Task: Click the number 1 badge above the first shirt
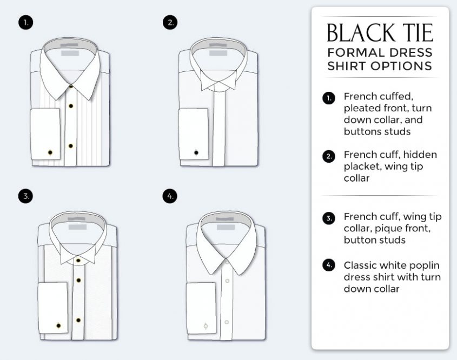(x=26, y=22)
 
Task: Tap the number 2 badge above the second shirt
(x=170, y=22)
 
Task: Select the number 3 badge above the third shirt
(x=25, y=196)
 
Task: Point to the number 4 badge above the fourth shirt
(x=170, y=196)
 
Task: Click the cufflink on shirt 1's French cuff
(x=50, y=152)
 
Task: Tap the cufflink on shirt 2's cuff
(x=196, y=152)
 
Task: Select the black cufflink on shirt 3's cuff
(x=58, y=325)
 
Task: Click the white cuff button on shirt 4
(x=206, y=326)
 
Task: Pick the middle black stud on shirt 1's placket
(x=71, y=106)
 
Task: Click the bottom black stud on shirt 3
(x=78, y=321)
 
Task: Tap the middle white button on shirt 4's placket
(x=227, y=281)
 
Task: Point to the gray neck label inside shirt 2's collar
(x=218, y=54)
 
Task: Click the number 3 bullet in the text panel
(x=329, y=218)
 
